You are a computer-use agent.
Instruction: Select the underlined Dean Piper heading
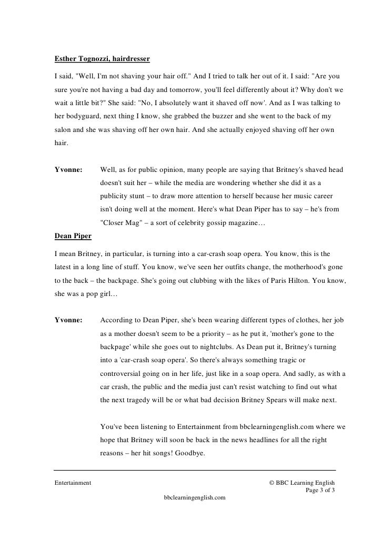click(73, 236)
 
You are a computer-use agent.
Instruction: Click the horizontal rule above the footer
click(195, 469)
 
